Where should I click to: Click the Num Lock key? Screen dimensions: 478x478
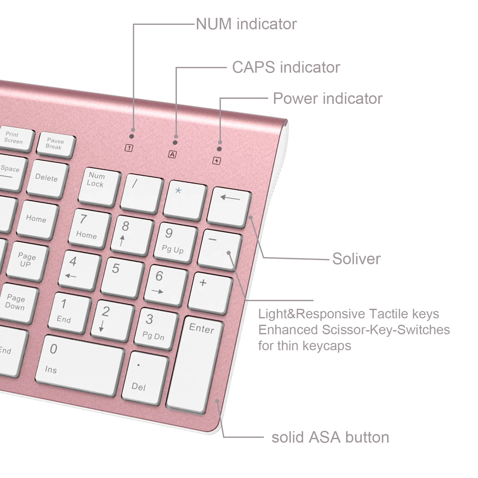(99, 187)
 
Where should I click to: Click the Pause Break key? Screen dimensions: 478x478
(56, 144)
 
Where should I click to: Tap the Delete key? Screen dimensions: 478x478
(48, 179)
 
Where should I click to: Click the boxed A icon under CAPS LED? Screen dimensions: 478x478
(172, 155)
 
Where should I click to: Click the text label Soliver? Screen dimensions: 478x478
(356, 258)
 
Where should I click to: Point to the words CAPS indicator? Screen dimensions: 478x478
(286, 67)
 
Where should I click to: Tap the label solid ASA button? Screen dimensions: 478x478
(330, 437)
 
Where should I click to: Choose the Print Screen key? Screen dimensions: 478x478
(15, 139)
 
